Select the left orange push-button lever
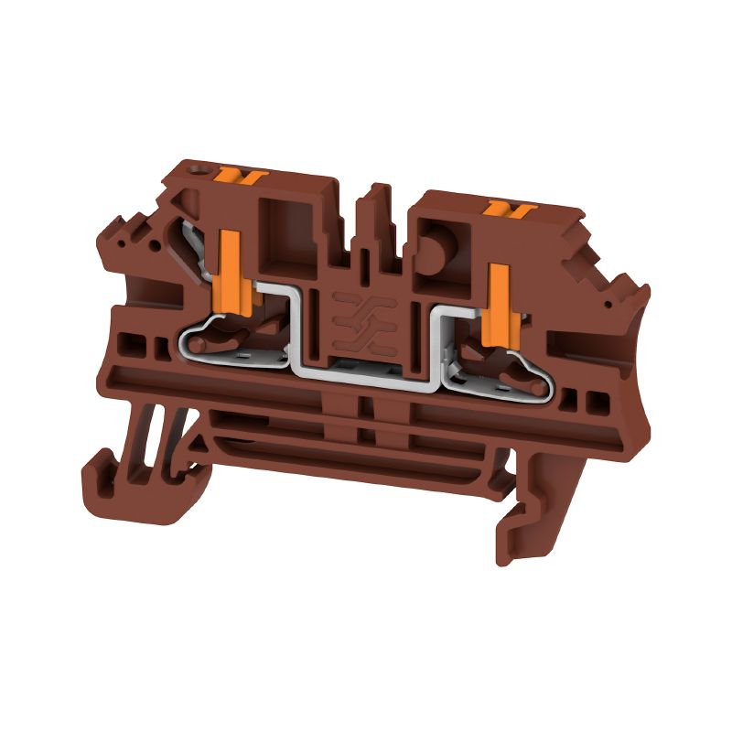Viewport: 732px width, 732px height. click(x=228, y=265)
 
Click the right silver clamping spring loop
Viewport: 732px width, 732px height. click(x=512, y=380)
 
